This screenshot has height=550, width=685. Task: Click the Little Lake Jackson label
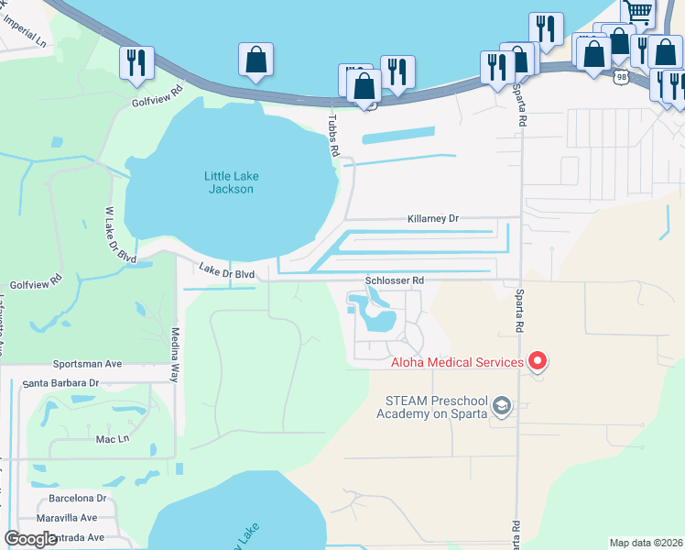tap(229, 181)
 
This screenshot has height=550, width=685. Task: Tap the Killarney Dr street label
tap(432, 219)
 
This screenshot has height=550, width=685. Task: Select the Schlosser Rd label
tap(395, 280)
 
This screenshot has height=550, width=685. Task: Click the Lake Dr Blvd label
tap(227, 270)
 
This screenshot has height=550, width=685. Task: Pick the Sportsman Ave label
tap(87, 363)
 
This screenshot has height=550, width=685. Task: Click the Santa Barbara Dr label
tap(60, 383)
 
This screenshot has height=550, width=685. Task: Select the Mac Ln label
tap(113, 439)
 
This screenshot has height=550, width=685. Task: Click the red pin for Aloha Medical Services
tap(538, 361)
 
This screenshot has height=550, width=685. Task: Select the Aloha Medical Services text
tap(457, 363)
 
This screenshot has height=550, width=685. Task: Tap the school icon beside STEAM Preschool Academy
tap(501, 405)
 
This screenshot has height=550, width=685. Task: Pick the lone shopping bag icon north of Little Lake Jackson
tap(256, 60)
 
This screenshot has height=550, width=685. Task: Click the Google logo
tap(31, 539)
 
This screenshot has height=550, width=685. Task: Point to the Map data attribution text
tap(646, 543)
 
